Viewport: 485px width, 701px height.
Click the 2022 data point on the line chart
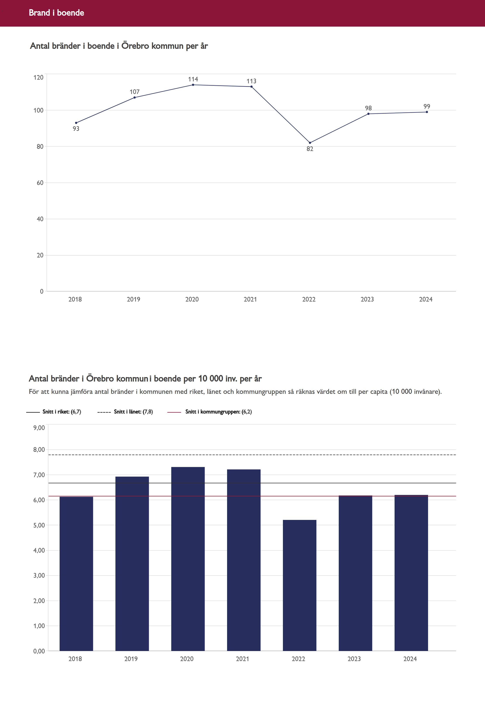310,143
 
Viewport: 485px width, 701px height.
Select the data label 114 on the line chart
193,79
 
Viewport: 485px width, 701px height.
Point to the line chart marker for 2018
76,123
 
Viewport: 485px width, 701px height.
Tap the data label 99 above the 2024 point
427,106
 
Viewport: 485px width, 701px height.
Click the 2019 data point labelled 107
135,98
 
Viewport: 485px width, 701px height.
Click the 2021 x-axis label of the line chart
250,299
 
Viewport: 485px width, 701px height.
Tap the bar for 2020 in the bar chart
188,559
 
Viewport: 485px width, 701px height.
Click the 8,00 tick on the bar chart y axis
39,450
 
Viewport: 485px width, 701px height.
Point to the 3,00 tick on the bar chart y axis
39,576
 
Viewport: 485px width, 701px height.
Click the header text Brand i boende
57,13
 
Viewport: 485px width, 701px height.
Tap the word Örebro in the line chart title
135,46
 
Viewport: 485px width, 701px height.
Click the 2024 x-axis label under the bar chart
410,659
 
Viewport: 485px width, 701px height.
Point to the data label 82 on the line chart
310,149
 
